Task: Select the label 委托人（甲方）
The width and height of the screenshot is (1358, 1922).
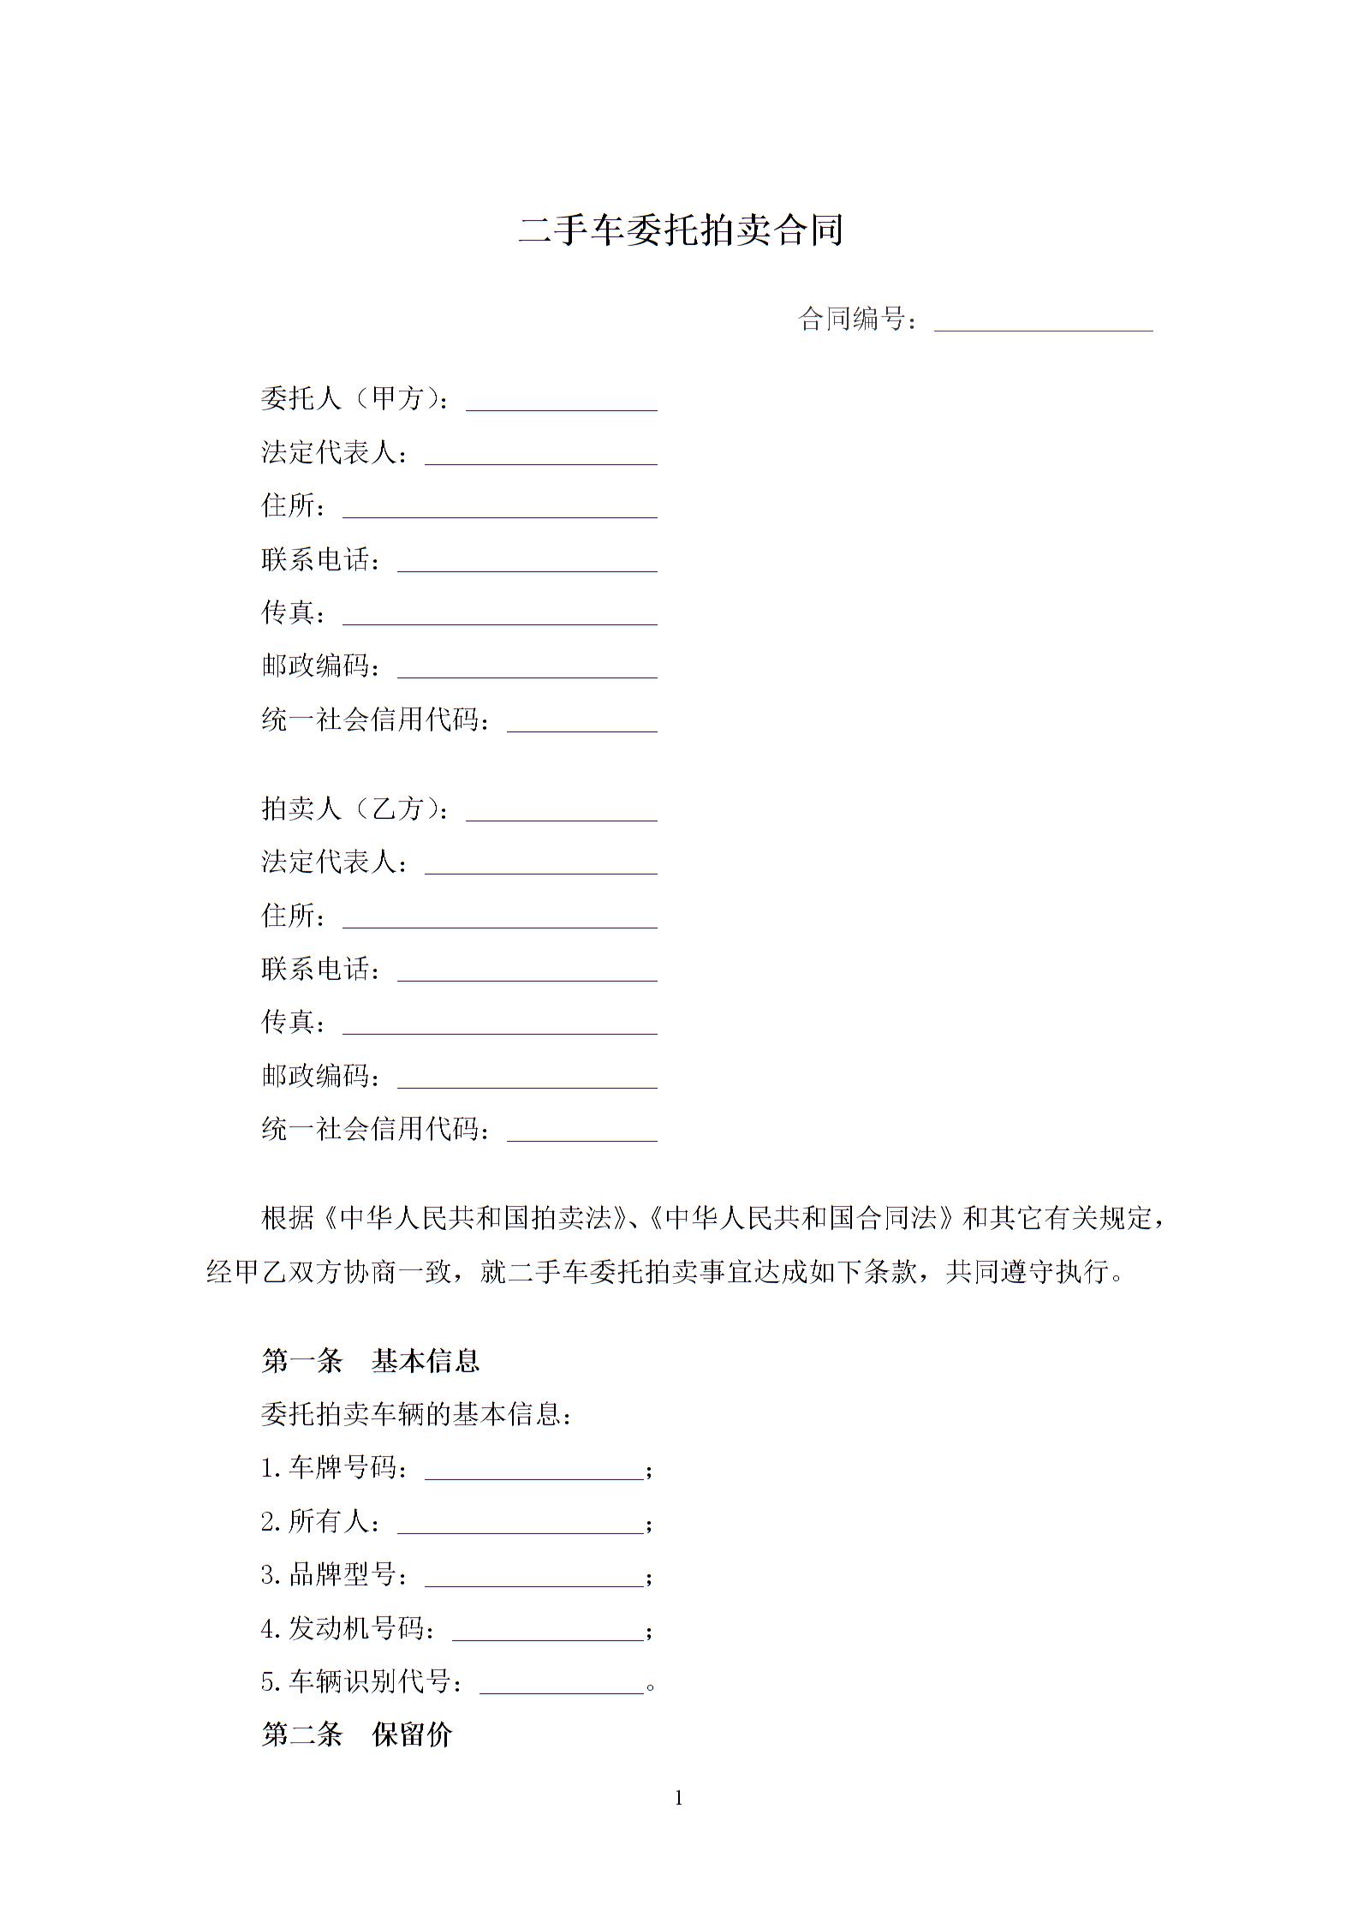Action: pos(354,398)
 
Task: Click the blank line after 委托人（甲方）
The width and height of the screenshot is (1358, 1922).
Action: pos(561,403)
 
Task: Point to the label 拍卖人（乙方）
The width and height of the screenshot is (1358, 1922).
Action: pos(354,809)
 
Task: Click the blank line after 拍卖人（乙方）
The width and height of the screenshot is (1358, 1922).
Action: pos(561,813)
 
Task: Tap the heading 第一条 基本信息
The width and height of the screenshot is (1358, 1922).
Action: pos(370,1361)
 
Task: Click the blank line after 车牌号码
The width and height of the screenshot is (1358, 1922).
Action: pos(533,1471)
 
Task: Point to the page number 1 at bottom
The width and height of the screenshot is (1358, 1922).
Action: pos(679,1799)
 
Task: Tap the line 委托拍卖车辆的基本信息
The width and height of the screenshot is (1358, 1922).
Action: pos(415,1414)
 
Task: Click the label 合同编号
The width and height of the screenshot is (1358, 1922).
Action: pos(859,319)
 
